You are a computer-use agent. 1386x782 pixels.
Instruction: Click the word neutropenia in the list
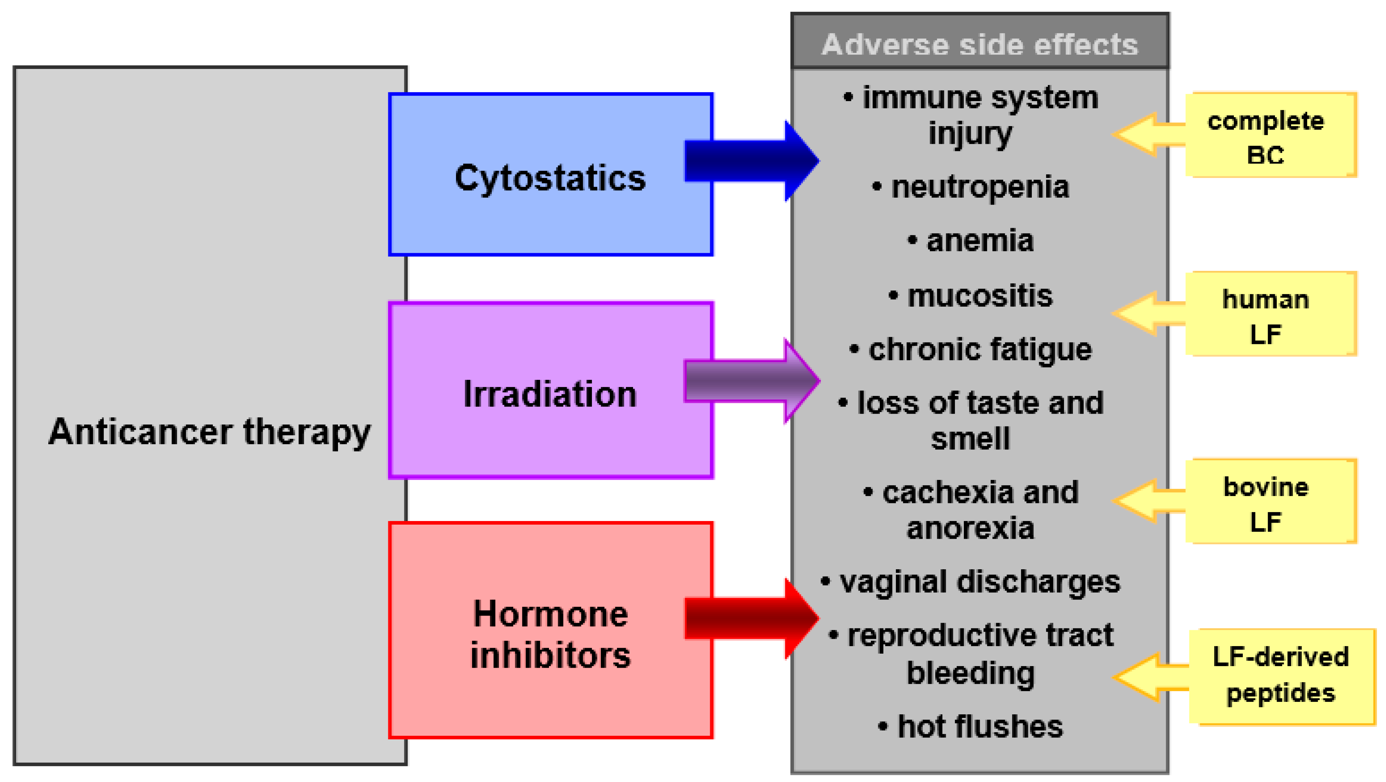click(x=979, y=187)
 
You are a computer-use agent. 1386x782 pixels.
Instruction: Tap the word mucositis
click(x=979, y=296)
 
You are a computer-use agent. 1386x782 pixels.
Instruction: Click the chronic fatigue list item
click(x=979, y=350)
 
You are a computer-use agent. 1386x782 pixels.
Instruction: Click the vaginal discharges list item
click(x=979, y=582)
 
